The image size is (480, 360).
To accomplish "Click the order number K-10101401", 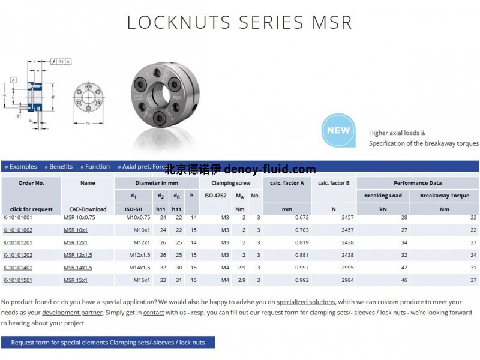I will tap(18, 267).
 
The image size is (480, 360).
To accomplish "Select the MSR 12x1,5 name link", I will tap(78, 255).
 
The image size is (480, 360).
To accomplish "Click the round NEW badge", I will tap(338, 130).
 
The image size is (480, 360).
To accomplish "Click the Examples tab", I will tap(21, 167).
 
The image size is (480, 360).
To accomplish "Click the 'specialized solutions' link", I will tap(305, 302).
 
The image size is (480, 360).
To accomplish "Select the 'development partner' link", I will tap(71, 312).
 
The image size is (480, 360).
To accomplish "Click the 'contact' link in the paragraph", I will tap(154, 312).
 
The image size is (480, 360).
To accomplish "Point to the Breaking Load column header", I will tap(383, 196).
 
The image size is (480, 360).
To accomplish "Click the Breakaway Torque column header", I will tap(444, 196).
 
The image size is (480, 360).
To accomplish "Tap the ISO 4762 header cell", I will tap(215, 196).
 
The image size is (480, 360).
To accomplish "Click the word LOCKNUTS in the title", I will tap(179, 22).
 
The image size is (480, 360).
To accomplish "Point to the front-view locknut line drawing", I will tap(88, 97).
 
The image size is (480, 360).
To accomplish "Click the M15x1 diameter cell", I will tap(141, 280).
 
